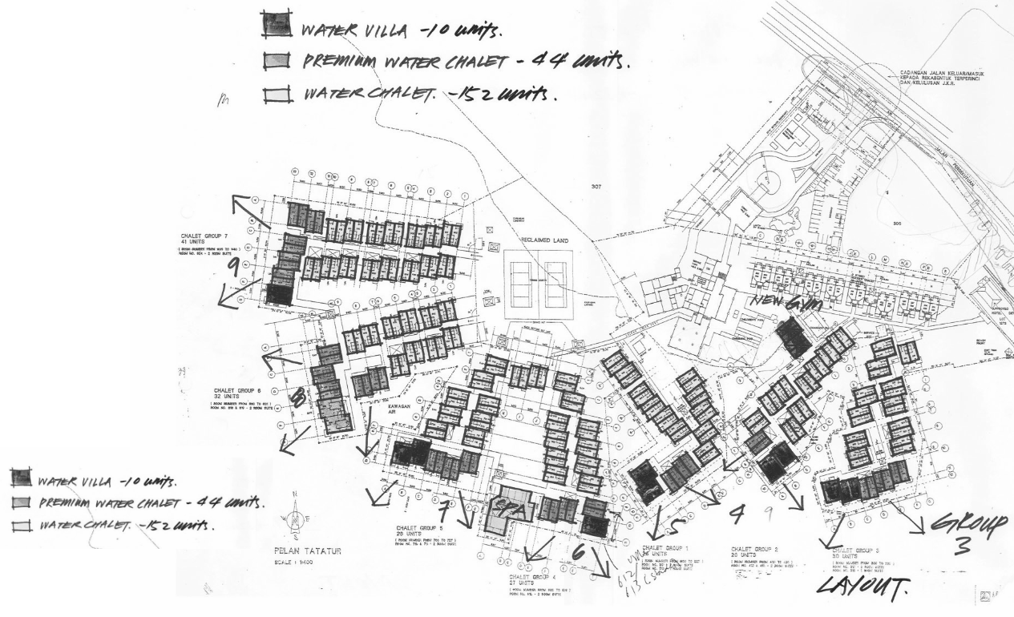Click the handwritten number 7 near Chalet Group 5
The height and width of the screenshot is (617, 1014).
tap(443, 507)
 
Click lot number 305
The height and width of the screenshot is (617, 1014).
tap(899, 225)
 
